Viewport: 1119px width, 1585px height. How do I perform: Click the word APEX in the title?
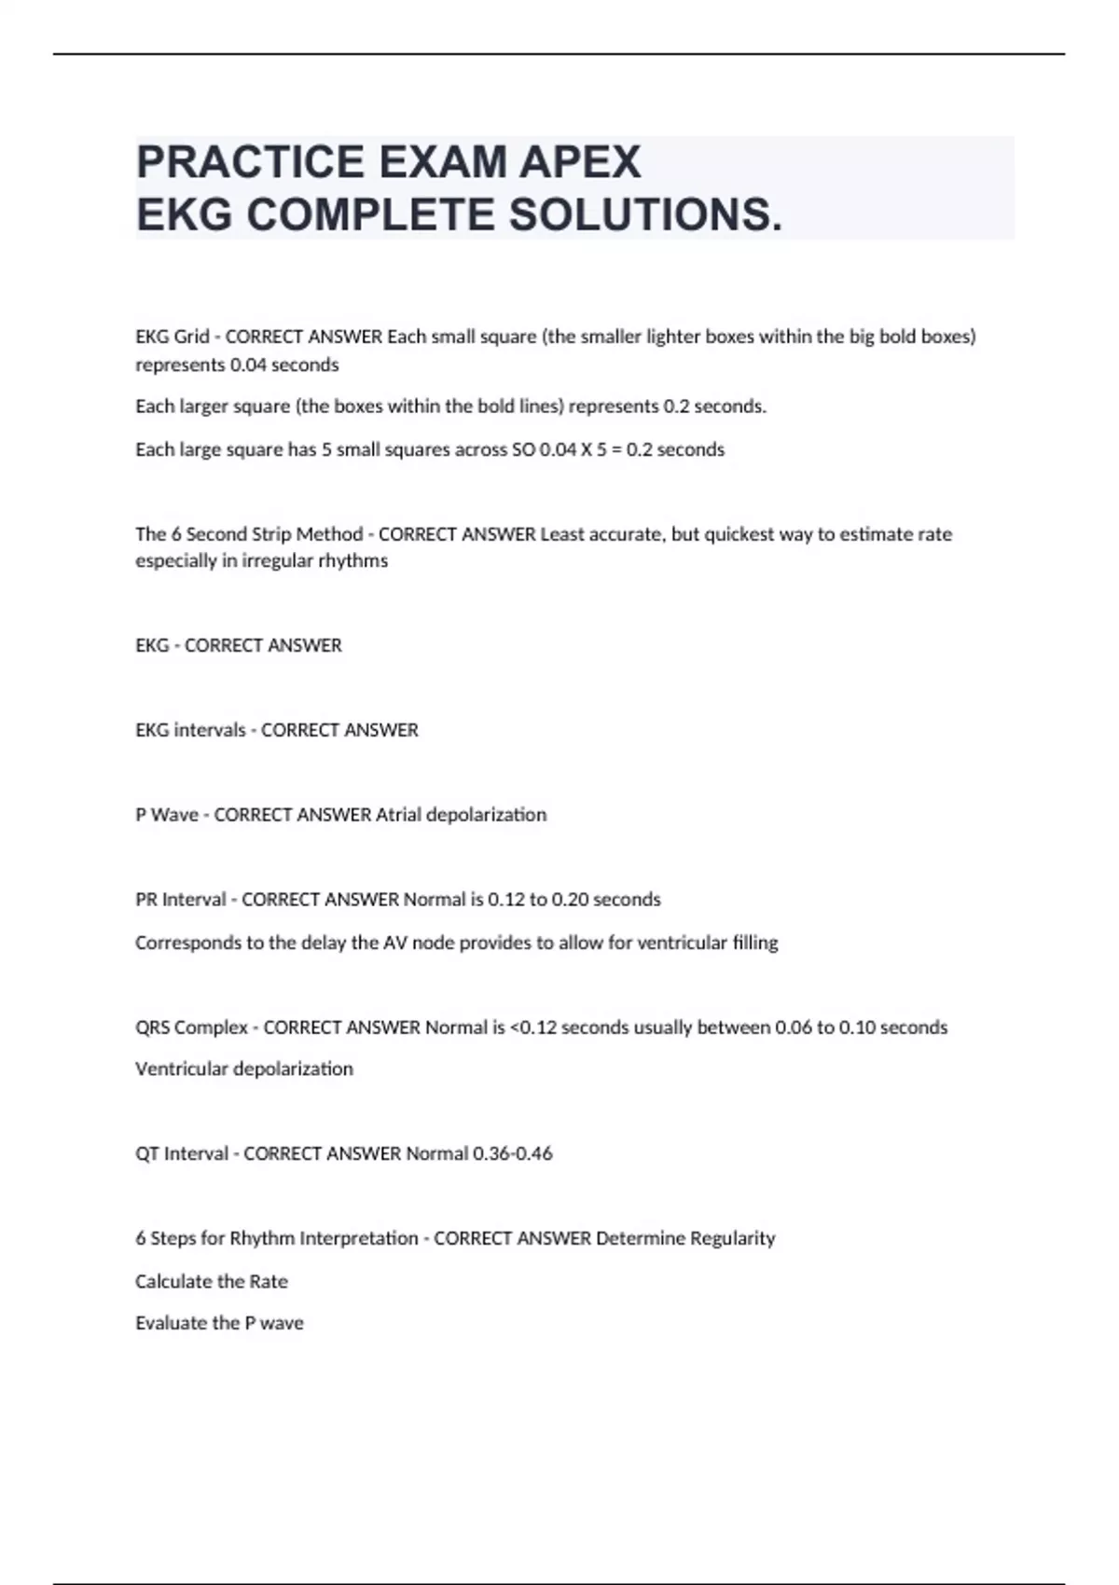(x=580, y=162)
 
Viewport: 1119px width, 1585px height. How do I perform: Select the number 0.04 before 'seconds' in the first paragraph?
(x=248, y=365)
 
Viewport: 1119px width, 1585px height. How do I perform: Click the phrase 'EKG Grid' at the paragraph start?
(x=172, y=337)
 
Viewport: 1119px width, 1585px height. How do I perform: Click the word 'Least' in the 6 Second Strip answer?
(x=562, y=534)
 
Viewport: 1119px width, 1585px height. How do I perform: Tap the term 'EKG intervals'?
(x=190, y=730)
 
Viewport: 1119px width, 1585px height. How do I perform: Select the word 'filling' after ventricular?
(x=754, y=943)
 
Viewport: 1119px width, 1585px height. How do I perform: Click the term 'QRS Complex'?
(x=191, y=1027)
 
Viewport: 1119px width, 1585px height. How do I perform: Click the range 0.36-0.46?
(x=512, y=1153)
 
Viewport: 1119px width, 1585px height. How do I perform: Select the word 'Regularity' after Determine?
(x=732, y=1238)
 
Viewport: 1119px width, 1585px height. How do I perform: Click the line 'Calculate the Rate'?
(x=212, y=1281)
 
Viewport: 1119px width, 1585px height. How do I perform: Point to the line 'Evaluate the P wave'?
(x=219, y=1323)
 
